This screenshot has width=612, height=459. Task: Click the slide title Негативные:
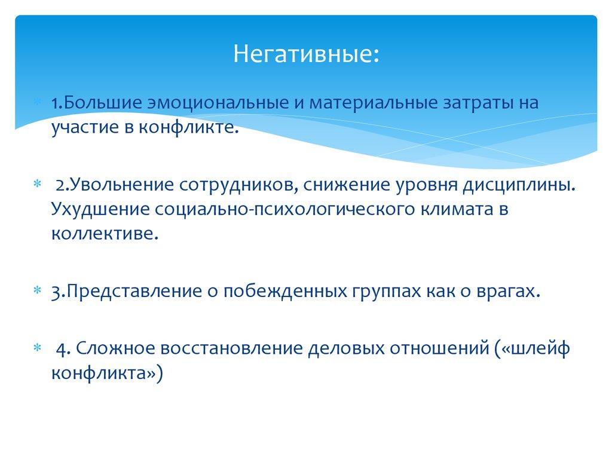[x=305, y=55]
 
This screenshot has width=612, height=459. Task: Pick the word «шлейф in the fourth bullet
[x=533, y=348]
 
